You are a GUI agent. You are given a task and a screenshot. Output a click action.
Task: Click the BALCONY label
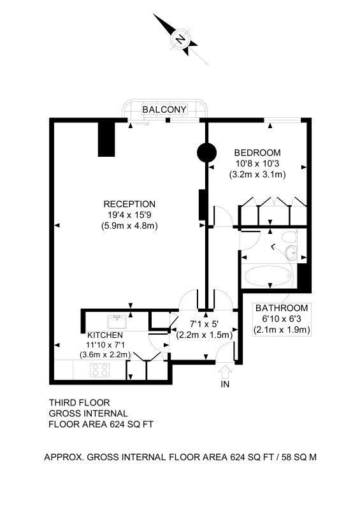point(164,109)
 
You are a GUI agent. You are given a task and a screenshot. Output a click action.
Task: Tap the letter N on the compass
point(180,40)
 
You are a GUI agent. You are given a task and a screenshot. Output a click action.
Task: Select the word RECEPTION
point(129,204)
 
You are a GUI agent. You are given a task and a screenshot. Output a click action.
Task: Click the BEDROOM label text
point(257,152)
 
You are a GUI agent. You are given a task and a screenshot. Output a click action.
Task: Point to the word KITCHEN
point(105,335)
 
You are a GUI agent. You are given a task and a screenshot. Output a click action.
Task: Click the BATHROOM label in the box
point(282,308)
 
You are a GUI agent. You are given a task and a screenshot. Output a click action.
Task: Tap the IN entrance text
point(225,384)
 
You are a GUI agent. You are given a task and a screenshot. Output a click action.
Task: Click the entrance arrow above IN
point(225,372)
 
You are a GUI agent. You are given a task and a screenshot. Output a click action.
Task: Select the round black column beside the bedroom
point(206,152)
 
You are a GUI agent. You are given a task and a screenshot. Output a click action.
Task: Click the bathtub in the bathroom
point(268,275)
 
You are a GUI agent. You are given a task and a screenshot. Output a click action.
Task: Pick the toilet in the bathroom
point(289,237)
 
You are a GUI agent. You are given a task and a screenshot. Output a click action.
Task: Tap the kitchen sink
point(117,322)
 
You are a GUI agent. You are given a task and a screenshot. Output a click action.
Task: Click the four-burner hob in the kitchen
point(100,370)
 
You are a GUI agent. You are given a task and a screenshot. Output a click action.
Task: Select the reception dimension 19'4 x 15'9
point(130,215)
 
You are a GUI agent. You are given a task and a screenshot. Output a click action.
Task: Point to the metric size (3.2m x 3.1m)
point(257,174)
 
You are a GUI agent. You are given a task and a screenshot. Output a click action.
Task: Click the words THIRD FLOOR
point(80,403)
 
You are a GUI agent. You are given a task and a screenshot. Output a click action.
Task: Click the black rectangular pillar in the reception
point(106,140)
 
